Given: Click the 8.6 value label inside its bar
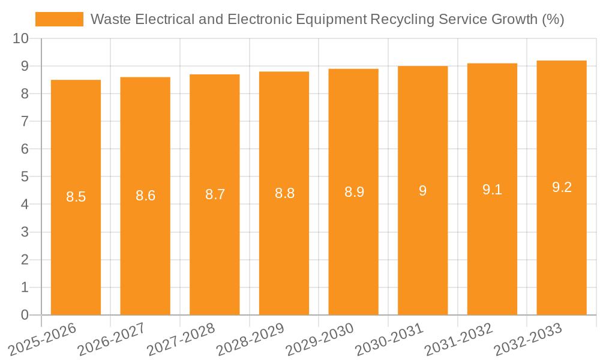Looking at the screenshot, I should [x=145, y=195].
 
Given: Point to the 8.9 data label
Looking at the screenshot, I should [x=354, y=192].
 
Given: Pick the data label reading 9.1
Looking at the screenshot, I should [x=492, y=190].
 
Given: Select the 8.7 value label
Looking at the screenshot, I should [x=215, y=194].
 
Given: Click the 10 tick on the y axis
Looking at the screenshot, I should [x=20, y=38].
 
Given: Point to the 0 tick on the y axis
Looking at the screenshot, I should [x=25, y=315].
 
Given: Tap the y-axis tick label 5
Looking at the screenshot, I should [x=25, y=177].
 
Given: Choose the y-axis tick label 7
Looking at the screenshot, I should [x=25, y=121].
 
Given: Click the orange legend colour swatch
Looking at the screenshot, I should [x=59, y=19].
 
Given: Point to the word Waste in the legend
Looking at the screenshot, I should [x=111, y=19].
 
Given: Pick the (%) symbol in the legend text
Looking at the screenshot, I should [x=553, y=19].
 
